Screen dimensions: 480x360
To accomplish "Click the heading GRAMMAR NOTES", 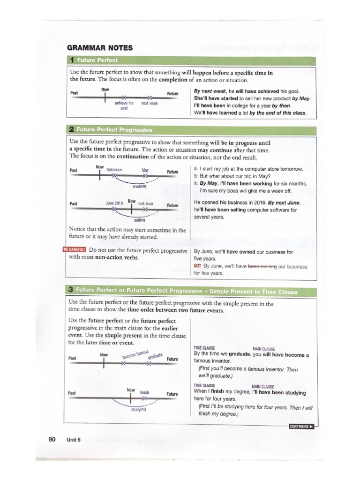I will coord(101,48).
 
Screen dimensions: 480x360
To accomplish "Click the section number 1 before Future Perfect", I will coord(72,60).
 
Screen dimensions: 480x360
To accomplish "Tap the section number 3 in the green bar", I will coord(72,291).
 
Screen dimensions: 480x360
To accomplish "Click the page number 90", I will coord(52,439).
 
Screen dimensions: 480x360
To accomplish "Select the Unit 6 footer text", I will coord(74,440).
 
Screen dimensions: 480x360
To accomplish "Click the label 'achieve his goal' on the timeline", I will coord(124,105).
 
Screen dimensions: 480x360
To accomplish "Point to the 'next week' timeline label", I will coord(150,103).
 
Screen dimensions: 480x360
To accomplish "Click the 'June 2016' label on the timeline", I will coord(114,203).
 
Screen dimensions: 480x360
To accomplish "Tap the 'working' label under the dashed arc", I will coord(140,186).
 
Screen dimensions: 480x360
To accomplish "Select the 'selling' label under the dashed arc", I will coord(139,219).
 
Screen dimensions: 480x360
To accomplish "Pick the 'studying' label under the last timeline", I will coord(139,409).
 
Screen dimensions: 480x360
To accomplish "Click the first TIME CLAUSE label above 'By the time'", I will coord(204,348).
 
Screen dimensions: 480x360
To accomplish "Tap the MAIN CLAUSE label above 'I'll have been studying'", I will coord(263,386).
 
